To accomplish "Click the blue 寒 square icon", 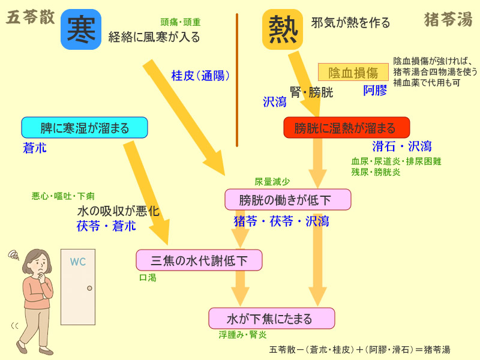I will coord(80,29).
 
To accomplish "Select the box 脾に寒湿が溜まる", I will coord(85,128).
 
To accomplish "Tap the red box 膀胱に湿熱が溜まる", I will coord(346,128).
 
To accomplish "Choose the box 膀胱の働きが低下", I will coord(287,199).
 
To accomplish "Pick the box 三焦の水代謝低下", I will coord(199,260).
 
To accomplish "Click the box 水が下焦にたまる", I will coord(271,318).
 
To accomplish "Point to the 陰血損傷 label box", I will coord(353,73).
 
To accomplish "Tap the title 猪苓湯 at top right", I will coord(448,20).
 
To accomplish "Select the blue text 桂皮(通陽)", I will coord(200,76).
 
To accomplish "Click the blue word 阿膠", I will coord(375,91).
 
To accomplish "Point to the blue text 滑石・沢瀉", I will coord(401,146).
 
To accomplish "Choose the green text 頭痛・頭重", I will coord(181,22).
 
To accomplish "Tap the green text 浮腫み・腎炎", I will coord(242,335).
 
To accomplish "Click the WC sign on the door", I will coord(79,262).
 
